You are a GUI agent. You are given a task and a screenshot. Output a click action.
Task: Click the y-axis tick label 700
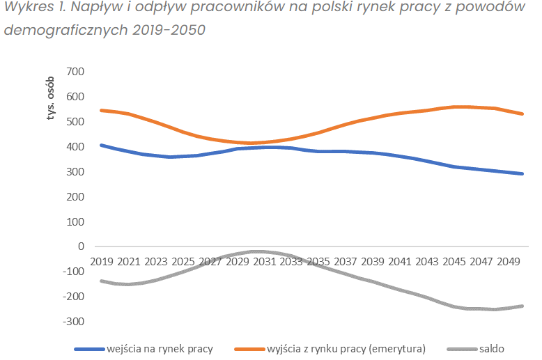point(75,72)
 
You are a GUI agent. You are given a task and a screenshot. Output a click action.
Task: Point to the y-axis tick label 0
point(81,246)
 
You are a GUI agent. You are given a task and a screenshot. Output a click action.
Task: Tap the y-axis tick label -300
point(72,321)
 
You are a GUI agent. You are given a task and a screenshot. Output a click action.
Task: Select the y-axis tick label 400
point(75,147)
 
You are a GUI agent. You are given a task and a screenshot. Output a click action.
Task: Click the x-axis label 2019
point(102,261)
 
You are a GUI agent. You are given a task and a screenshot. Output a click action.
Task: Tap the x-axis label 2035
point(319,261)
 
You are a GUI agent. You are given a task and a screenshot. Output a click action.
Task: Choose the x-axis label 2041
point(401,261)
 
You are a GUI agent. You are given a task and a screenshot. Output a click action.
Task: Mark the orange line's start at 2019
point(102,110)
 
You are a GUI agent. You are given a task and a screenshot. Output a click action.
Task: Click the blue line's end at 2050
point(522,173)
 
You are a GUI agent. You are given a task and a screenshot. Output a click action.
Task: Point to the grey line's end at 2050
point(522,306)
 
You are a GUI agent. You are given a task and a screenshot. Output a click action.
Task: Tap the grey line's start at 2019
point(102,281)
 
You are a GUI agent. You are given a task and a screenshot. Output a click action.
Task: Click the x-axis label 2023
point(156,261)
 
